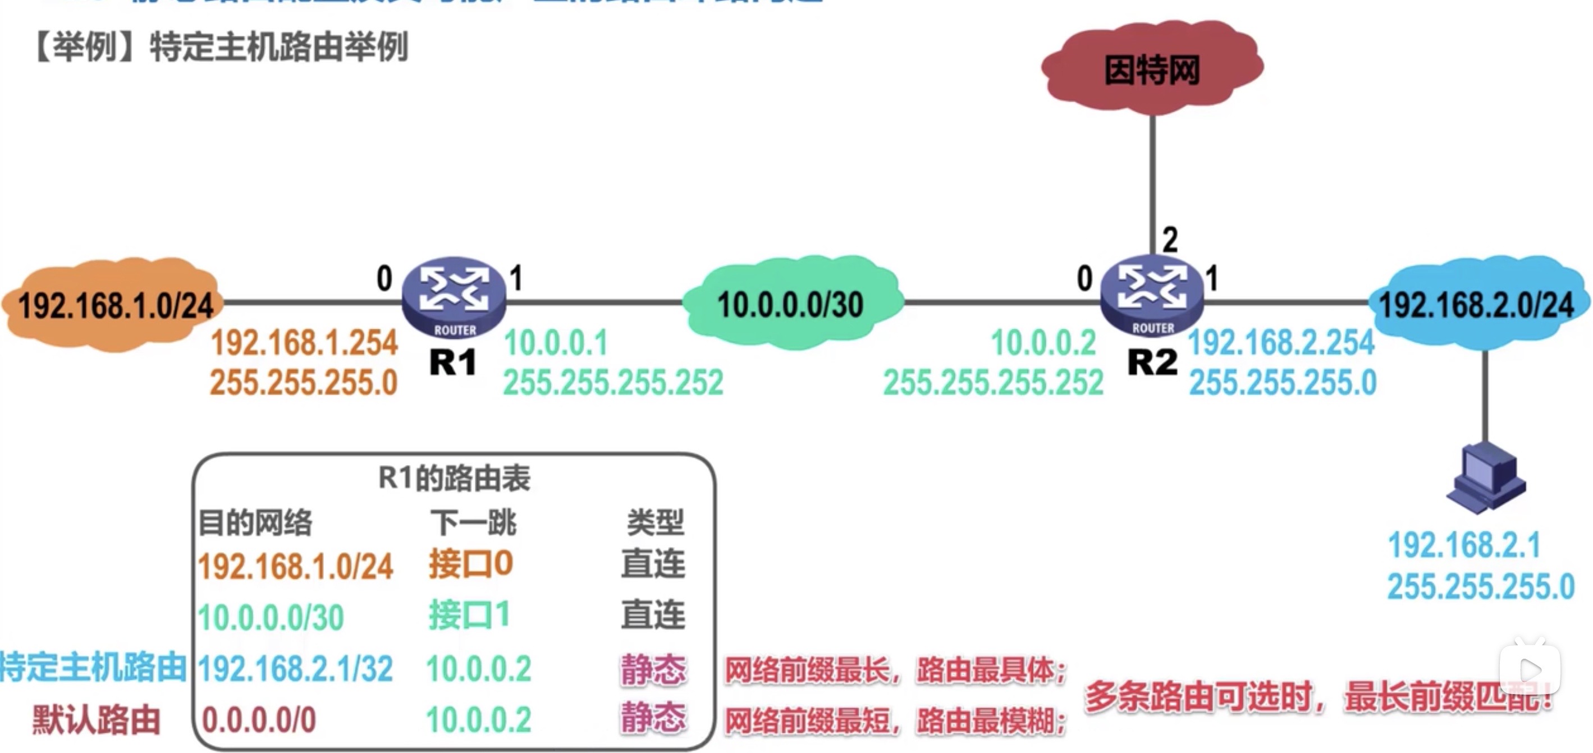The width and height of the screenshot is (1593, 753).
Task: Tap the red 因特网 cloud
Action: tap(1152, 68)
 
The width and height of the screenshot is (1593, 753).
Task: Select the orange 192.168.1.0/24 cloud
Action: tap(115, 305)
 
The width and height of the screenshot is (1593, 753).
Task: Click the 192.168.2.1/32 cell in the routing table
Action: tap(296, 669)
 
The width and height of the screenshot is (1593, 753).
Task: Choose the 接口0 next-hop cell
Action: tap(470, 564)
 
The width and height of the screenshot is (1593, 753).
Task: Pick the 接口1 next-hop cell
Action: tap(469, 616)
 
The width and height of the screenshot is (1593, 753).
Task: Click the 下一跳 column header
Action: tap(474, 523)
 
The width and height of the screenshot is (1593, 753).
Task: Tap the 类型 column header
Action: tap(655, 523)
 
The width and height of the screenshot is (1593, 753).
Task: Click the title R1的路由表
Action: tap(454, 478)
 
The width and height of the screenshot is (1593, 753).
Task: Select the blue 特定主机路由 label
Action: tap(93, 668)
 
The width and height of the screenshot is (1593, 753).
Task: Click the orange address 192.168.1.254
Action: tap(304, 343)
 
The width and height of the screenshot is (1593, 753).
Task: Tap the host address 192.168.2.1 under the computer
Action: tap(1464, 545)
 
